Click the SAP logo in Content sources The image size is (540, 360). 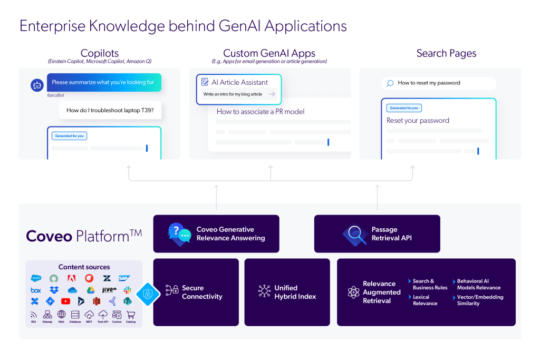pos(124,278)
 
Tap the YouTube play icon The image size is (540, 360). pos(65,301)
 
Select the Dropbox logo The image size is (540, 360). pos(54,290)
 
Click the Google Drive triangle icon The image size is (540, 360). pos(91,290)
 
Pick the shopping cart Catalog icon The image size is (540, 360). pos(131,314)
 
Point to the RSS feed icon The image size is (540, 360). pos(34,314)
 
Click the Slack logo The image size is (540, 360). pos(127,290)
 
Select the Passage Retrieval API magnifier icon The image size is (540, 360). pos(354,233)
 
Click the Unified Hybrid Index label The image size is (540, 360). pos(295,292)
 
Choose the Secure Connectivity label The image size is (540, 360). pos(202,292)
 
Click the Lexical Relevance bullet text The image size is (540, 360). pos(425,300)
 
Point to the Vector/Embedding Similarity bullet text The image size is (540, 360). pos(480,300)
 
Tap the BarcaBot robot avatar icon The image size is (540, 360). pos(37,84)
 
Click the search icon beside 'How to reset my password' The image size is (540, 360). pos(390,83)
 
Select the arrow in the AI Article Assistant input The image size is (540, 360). pos(272,94)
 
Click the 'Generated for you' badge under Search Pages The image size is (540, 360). pos(404,108)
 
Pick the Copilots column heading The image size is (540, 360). pos(100,53)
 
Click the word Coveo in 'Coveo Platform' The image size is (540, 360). pos(49,236)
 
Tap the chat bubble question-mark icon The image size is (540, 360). pos(179,233)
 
